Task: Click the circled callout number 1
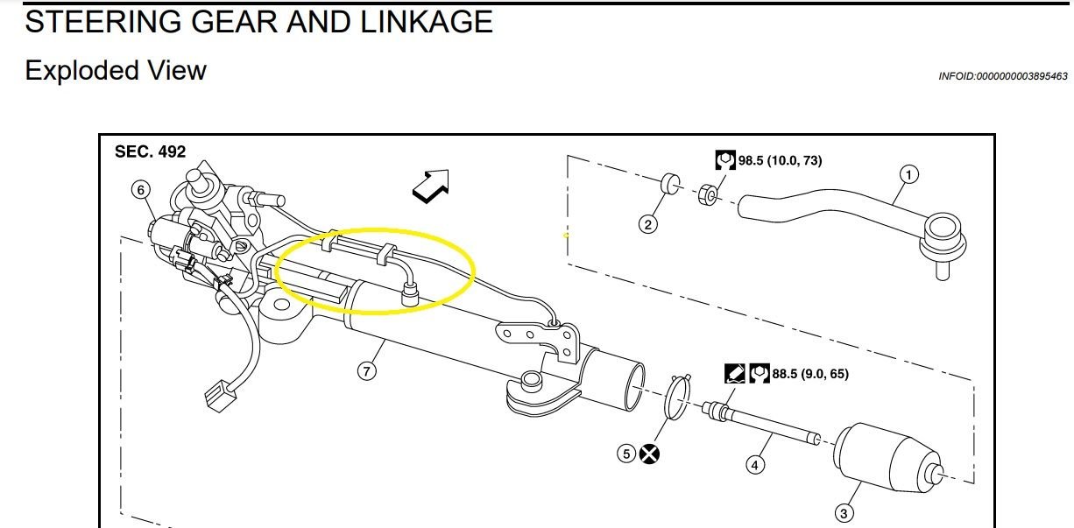click(909, 175)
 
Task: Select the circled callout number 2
click(647, 224)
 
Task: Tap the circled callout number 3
click(844, 513)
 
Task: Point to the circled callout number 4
click(755, 465)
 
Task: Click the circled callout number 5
click(625, 454)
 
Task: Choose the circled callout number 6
click(139, 188)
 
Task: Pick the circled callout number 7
click(366, 371)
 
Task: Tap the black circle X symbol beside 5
click(650, 454)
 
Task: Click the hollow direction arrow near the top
click(431, 185)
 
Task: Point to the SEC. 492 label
click(151, 151)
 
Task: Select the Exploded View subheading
click(116, 70)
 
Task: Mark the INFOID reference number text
click(1002, 76)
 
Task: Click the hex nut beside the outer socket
click(710, 193)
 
